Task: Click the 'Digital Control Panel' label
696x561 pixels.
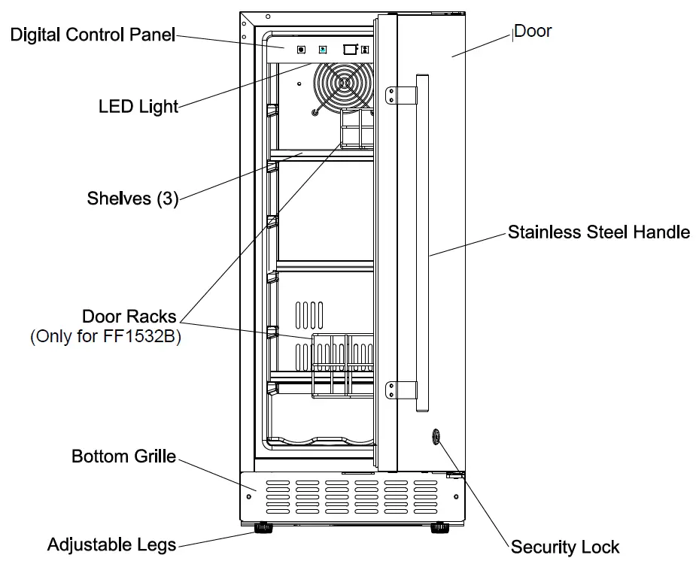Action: coord(93,35)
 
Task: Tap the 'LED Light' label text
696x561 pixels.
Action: coord(138,106)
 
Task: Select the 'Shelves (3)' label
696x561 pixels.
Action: coord(132,199)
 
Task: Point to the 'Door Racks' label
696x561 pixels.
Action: coord(129,316)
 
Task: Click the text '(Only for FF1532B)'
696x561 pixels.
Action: coord(106,336)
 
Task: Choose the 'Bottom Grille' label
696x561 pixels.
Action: coord(123,456)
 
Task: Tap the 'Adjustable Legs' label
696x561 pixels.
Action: coord(111,544)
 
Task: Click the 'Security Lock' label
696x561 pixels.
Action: coord(565,547)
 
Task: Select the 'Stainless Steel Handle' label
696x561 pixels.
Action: coord(598,232)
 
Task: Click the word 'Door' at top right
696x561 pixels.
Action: coord(533,31)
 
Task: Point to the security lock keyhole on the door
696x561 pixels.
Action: coord(436,437)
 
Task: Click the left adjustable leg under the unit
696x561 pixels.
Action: coord(265,529)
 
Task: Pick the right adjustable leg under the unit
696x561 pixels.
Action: coord(439,529)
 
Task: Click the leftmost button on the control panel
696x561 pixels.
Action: coord(301,50)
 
